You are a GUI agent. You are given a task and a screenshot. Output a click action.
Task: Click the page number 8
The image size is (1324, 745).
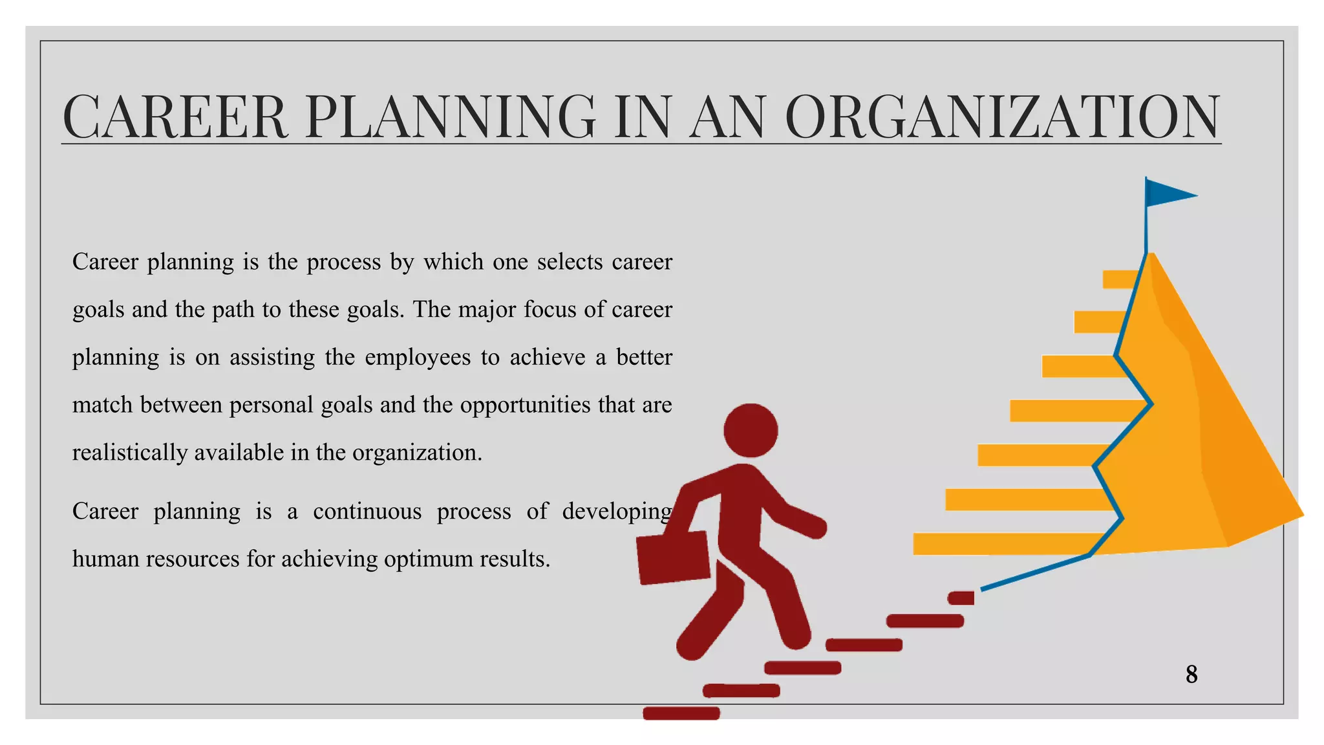pos(1191,675)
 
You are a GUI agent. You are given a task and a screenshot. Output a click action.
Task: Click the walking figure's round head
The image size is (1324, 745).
pos(751,431)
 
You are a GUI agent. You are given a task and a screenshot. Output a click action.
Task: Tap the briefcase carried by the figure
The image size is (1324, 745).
pos(673,557)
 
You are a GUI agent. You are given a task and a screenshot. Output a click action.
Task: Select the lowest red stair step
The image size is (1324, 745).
pos(681,713)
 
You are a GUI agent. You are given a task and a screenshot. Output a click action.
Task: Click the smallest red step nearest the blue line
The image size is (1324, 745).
pos(961,598)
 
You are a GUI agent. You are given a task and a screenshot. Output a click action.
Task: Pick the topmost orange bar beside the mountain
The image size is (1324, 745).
pos(1121,279)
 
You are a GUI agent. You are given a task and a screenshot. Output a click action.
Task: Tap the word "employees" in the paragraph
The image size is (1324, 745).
pos(418,358)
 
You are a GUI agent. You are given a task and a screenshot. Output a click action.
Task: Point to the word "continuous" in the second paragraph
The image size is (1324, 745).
pos(367,512)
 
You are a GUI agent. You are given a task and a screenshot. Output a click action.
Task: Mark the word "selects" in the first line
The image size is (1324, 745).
pos(570,262)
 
